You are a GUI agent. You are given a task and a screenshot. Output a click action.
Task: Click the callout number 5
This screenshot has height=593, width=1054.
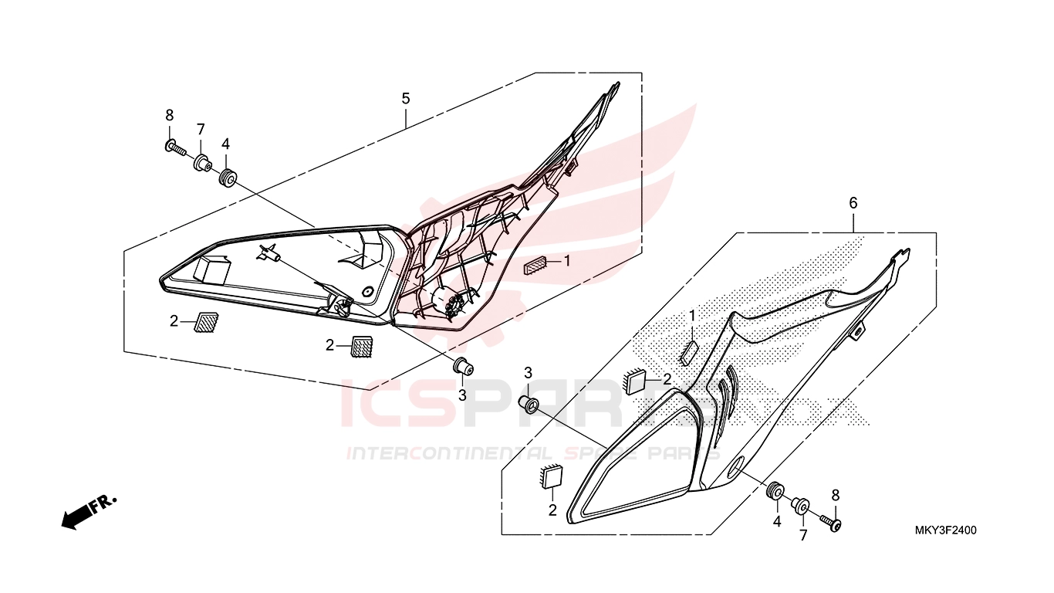(x=406, y=99)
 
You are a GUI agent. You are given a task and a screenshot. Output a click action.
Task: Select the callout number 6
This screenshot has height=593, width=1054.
(x=853, y=203)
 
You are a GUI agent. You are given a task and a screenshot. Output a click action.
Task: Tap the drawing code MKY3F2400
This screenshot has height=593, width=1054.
(x=945, y=530)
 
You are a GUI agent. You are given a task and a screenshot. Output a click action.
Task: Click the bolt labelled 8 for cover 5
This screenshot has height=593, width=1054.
(x=175, y=148)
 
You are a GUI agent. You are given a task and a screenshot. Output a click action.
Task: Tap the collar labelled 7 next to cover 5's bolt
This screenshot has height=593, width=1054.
(x=202, y=163)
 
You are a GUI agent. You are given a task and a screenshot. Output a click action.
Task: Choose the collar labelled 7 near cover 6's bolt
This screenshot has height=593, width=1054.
(x=801, y=507)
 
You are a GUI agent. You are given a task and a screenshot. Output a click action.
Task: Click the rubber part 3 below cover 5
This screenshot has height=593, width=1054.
(x=464, y=367)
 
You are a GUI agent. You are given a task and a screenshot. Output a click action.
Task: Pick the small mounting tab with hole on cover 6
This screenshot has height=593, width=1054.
(x=857, y=330)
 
